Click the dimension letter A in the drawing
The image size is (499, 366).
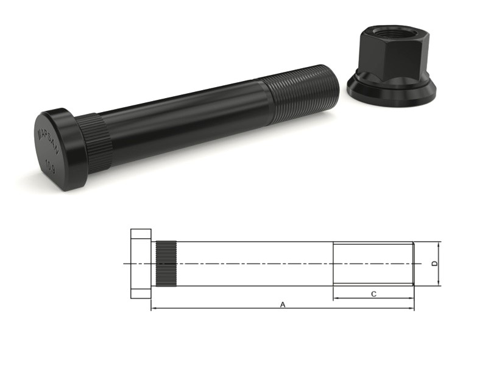click(282, 304)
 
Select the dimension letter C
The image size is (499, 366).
click(373, 294)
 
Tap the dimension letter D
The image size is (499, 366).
click(434, 264)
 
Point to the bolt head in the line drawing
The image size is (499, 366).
click(141, 264)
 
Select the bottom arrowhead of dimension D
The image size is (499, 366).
click(439, 283)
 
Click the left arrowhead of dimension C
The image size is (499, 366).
click(336, 298)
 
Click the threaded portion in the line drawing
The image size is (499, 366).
click(373, 264)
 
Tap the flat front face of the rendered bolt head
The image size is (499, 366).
click(52, 149)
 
